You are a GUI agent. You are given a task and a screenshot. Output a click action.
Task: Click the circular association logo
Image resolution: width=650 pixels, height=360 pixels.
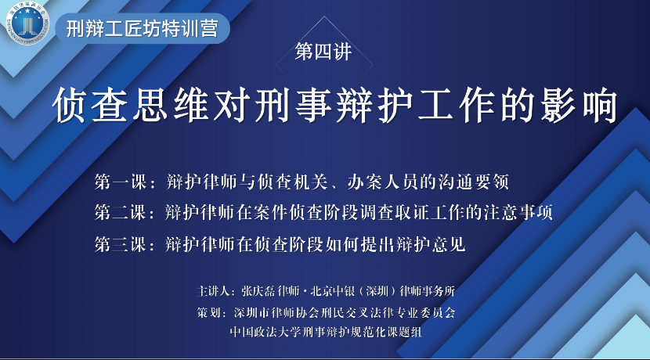click(x=27, y=23)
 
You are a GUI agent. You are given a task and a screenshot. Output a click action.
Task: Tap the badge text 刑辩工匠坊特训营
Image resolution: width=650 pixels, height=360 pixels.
click(x=142, y=29)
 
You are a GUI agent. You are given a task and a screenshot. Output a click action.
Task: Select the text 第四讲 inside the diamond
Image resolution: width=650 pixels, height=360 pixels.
click(x=323, y=52)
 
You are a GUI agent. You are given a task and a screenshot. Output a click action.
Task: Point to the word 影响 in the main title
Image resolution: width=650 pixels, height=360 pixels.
click(x=579, y=105)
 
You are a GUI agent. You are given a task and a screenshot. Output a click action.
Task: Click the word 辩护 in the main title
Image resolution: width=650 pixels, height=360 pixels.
click(x=374, y=105)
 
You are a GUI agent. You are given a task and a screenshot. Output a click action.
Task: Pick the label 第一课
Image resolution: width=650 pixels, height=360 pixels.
click(x=121, y=182)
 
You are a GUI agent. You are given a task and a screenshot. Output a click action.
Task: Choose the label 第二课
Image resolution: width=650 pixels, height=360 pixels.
click(x=121, y=213)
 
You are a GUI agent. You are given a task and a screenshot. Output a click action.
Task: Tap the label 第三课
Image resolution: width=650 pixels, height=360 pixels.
click(x=121, y=244)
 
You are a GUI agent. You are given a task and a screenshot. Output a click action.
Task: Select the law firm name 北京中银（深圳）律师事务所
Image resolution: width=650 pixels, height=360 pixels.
click(x=383, y=291)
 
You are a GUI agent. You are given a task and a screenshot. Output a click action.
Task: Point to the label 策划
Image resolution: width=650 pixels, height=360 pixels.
click(x=208, y=312)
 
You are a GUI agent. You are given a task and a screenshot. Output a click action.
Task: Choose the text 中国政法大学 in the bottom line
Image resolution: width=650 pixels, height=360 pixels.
click(x=266, y=332)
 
